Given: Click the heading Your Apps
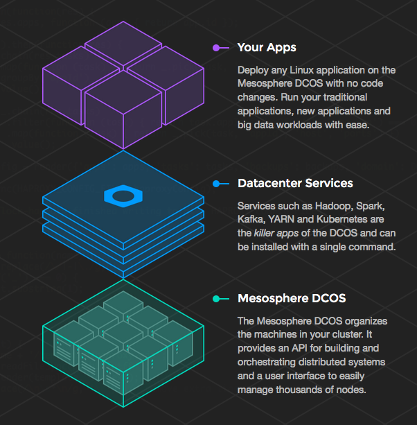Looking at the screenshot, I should pyautogui.click(x=267, y=48).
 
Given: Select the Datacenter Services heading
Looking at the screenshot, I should pyautogui.click(x=295, y=184).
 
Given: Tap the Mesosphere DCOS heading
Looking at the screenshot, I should pyautogui.click(x=292, y=299).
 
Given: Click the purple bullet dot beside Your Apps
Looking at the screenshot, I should pyautogui.click(x=216, y=48).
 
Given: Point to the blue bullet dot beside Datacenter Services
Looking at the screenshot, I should pyautogui.click(x=216, y=184).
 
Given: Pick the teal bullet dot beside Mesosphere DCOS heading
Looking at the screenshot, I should pyautogui.click(x=216, y=299).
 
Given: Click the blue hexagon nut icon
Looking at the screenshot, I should pyautogui.click(x=123, y=196).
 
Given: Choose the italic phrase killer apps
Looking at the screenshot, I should pyautogui.click(x=279, y=233).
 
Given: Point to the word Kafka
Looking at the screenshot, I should pyautogui.click(x=251, y=220).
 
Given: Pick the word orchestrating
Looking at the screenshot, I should pyautogui.click(x=269, y=362).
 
